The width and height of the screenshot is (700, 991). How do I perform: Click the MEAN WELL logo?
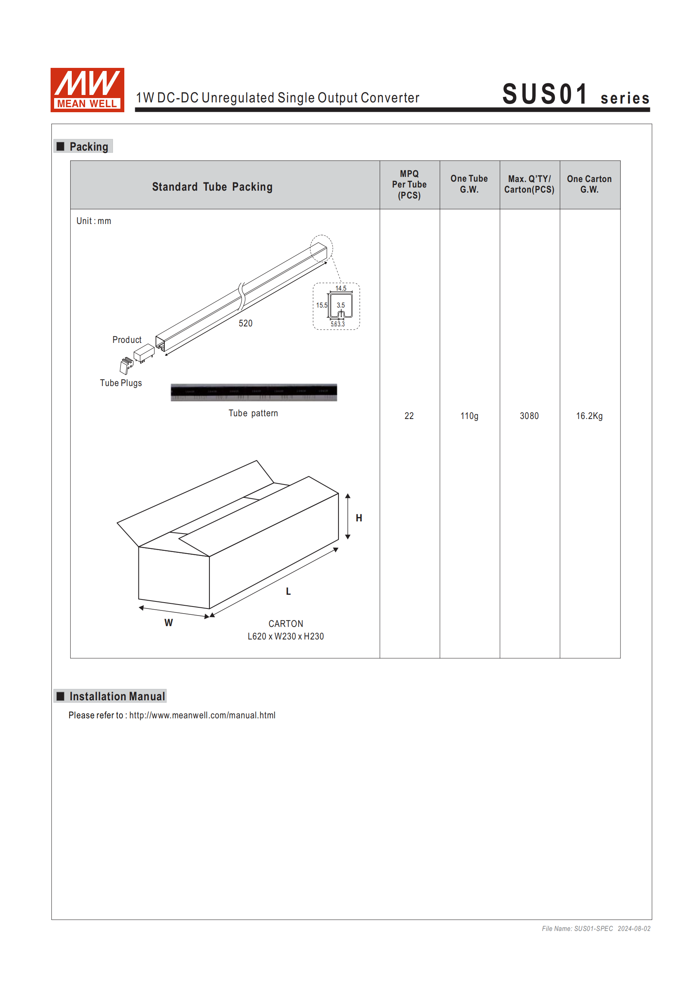pyautogui.click(x=87, y=90)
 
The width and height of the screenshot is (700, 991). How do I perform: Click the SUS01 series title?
pyautogui.click(x=575, y=95)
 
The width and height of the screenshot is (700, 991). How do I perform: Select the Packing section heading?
pyautogui.click(x=89, y=147)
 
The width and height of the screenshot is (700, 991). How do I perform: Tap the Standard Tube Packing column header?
pyautogui.click(x=212, y=186)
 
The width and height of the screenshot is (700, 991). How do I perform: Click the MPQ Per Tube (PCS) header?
pyautogui.click(x=409, y=184)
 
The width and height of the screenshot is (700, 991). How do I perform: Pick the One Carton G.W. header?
pyautogui.click(x=589, y=184)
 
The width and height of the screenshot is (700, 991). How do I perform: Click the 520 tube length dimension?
pyautogui.click(x=245, y=323)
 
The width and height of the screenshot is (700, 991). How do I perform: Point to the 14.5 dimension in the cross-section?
pyautogui.click(x=340, y=288)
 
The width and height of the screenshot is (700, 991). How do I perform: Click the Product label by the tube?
pyautogui.click(x=127, y=340)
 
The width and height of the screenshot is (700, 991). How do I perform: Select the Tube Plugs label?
pyautogui.click(x=121, y=383)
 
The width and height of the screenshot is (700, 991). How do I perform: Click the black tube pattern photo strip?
pyautogui.click(x=254, y=392)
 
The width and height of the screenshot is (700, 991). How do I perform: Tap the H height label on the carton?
pyautogui.click(x=359, y=518)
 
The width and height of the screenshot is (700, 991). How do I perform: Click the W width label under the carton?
pyautogui.click(x=168, y=623)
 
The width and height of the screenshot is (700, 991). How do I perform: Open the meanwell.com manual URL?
pyautogui.click(x=202, y=715)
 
